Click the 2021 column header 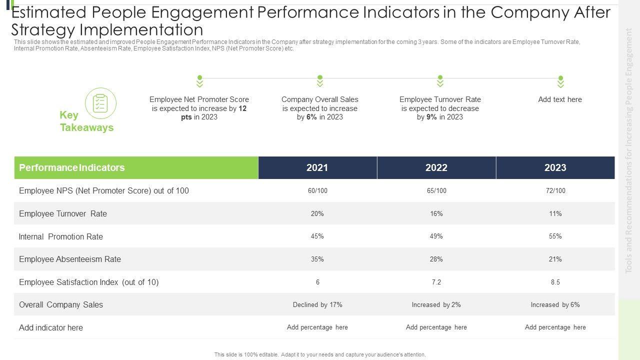[x=317, y=168]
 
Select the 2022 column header [x=436, y=168]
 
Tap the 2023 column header [x=555, y=168]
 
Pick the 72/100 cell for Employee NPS [x=555, y=191]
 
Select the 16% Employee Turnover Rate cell [x=436, y=213]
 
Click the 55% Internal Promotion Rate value [x=555, y=236]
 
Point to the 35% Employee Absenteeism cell [x=317, y=259]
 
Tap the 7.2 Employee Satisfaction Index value [x=436, y=282]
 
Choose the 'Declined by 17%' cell [x=317, y=304]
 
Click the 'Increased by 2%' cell [x=436, y=304]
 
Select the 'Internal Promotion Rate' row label [x=61, y=236]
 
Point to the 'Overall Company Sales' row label [x=61, y=304]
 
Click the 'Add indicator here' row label [x=51, y=327]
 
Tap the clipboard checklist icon [x=100, y=103]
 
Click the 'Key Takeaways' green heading [x=86, y=121]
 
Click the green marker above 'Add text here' [x=560, y=81]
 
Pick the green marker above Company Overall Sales [x=320, y=81]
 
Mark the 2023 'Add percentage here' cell [x=555, y=327]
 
